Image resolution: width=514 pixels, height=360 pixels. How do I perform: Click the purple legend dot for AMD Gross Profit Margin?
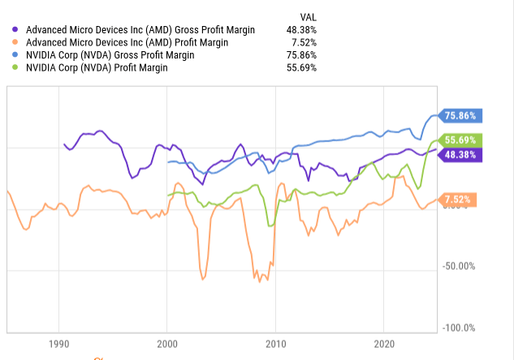[x=18, y=30]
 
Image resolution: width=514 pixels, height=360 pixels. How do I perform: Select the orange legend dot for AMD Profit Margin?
[x=18, y=42]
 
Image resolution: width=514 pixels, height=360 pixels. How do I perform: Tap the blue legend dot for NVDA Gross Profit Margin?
[x=18, y=55]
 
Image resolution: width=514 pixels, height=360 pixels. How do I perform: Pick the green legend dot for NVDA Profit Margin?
[x=18, y=68]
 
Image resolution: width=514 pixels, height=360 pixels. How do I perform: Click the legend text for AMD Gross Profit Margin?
[x=140, y=30]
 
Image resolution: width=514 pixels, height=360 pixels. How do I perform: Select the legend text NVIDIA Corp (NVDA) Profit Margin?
[x=108, y=68]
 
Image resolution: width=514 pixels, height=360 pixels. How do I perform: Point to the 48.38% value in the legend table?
[x=301, y=30]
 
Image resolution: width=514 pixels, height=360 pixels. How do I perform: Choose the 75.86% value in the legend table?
[x=301, y=55]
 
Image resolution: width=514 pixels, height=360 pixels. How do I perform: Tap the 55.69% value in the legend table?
[x=301, y=68]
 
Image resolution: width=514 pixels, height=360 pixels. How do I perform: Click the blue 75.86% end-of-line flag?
[x=460, y=115]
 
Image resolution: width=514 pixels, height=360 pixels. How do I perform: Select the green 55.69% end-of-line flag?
[x=460, y=140]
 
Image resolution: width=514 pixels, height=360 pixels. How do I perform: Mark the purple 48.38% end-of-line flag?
[x=460, y=154]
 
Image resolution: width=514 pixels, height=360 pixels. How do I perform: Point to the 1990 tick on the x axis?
[x=58, y=342]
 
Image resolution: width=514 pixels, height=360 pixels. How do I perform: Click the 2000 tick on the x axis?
[x=167, y=342]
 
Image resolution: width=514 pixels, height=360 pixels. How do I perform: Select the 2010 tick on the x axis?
[x=276, y=342]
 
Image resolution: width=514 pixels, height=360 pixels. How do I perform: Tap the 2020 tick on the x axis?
[x=385, y=342]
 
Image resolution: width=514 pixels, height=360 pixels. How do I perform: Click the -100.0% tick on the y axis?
[x=460, y=327]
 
